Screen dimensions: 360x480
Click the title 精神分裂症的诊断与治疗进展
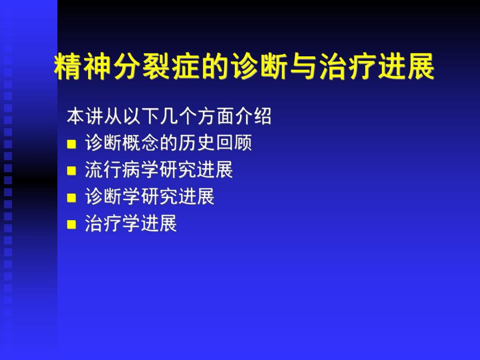click(244, 68)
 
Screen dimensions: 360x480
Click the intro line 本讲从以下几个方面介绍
click(169, 116)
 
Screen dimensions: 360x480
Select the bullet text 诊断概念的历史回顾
click(169, 143)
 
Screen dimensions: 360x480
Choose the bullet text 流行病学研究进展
click(159, 170)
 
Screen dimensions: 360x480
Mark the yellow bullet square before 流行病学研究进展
click(72, 171)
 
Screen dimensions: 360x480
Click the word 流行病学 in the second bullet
click(122, 170)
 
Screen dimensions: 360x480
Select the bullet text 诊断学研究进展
click(150, 197)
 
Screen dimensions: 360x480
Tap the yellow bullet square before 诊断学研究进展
click(72, 198)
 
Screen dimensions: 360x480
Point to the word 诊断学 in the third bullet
click(113, 197)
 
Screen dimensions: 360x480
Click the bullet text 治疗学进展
click(131, 224)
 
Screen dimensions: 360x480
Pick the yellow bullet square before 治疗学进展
click(72, 225)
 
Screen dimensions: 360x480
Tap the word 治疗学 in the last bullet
click(113, 224)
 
